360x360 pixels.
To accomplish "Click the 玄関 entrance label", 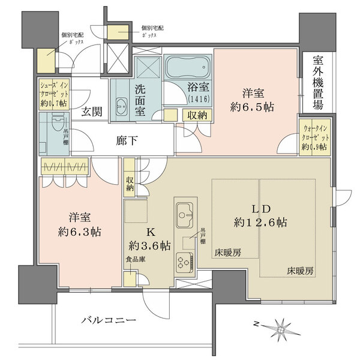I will (92, 111).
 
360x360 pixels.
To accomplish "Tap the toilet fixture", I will (52, 128).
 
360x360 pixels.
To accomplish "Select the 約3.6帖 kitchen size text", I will (149, 245).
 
